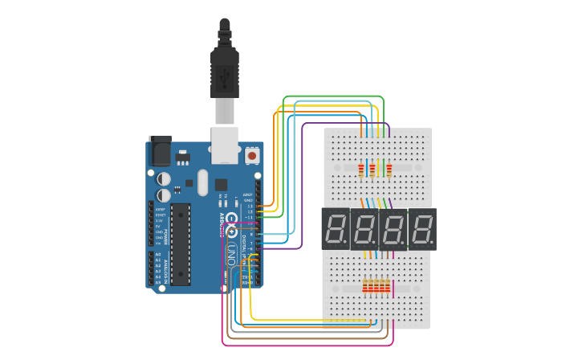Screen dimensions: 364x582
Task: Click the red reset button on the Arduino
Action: pyautogui.click(x=252, y=155)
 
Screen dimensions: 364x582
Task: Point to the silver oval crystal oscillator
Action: pyautogui.click(x=202, y=182)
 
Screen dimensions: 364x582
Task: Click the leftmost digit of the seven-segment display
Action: pyautogui.click(x=338, y=229)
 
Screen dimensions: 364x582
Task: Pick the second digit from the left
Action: pyautogui.click(x=365, y=229)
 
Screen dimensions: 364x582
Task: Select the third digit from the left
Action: pyautogui.click(x=393, y=229)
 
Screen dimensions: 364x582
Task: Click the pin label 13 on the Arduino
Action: pyautogui.click(x=250, y=206)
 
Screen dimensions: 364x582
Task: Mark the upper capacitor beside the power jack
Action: pyautogui.click(x=164, y=178)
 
